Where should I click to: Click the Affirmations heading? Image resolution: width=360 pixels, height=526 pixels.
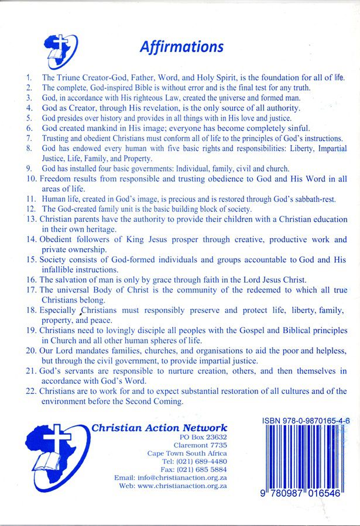coord(181,46)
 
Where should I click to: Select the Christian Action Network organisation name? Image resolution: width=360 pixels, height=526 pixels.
coord(159,428)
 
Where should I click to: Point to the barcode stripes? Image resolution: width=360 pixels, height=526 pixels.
coord(305,456)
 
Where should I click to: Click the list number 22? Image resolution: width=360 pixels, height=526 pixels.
coord(30,391)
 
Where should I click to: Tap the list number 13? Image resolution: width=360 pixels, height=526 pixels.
coord(30,219)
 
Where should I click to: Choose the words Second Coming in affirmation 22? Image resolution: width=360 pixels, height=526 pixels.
coord(154,401)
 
